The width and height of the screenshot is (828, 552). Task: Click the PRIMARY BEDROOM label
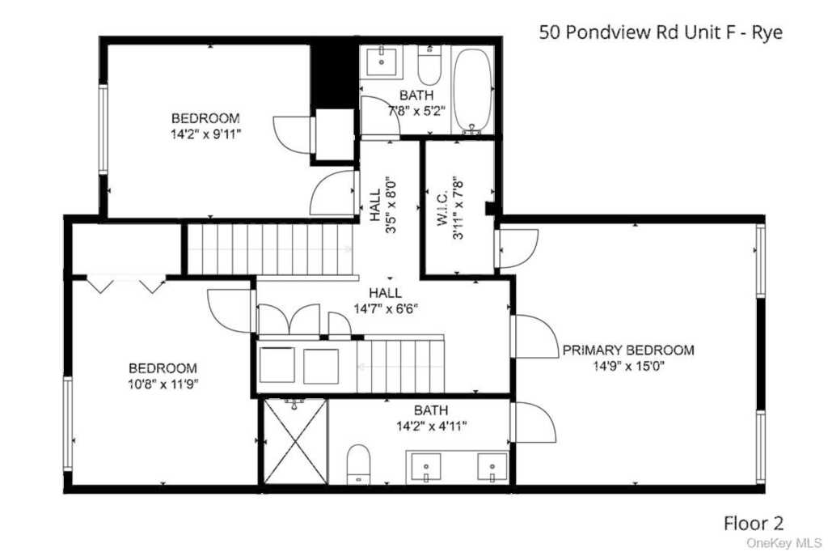coord(627,350)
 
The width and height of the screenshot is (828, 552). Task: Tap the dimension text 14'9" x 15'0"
coord(627,366)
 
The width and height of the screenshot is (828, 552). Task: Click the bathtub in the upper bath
coord(473,91)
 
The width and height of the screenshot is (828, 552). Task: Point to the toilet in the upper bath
coord(429,66)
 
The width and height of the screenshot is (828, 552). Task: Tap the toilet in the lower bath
coord(357,465)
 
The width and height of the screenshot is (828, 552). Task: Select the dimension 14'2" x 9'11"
coord(205,133)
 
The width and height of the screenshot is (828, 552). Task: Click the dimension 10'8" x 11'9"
coord(163,383)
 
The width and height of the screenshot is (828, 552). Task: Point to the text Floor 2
coord(753,524)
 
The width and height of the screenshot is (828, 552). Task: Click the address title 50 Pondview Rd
coord(661,33)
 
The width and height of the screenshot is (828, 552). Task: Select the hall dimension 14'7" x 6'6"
coord(386,308)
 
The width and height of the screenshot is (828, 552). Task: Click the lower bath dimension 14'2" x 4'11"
coord(430,426)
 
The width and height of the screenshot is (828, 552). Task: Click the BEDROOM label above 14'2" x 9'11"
coord(205,117)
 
